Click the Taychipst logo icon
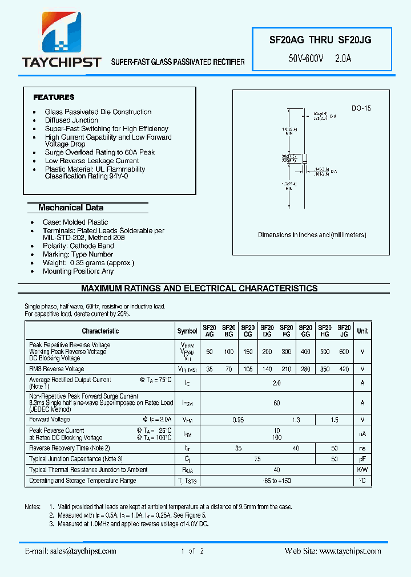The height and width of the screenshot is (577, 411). (61, 32)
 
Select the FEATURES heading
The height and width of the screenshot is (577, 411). (54, 97)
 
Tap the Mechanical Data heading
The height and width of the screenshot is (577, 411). (71, 208)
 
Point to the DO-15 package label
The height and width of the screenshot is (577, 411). (361, 108)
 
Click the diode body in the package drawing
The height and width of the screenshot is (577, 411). (305, 161)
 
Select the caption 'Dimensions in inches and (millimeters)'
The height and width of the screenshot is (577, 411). (312, 235)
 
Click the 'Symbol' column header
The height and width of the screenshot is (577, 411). (187, 331)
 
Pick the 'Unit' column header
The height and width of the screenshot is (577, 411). (362, 331)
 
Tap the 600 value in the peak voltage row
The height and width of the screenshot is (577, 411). (344, 352)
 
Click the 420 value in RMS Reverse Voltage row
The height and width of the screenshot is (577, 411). (344, 369)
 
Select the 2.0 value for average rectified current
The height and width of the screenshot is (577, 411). (277, 383)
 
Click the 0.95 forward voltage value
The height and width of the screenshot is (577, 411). (238, 420)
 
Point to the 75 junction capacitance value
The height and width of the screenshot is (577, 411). (257, 459)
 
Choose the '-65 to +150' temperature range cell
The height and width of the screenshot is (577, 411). (277, 481)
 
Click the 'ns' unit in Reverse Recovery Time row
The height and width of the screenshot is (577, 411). (362, 448)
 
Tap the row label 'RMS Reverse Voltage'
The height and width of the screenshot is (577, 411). (57, 369)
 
